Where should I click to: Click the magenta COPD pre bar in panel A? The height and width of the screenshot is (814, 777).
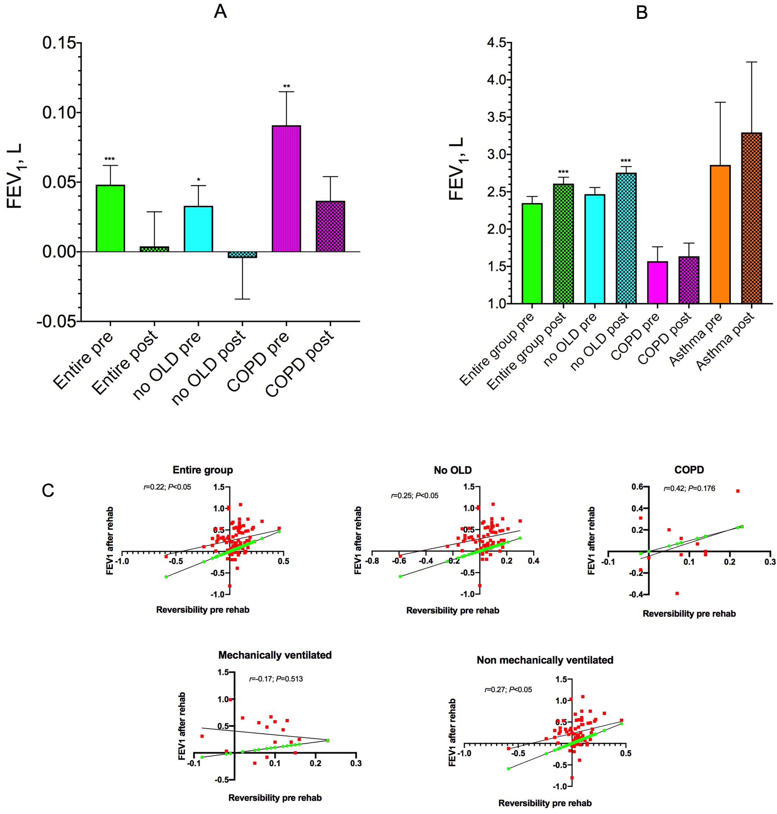pyautogui.click(x=286, y=189)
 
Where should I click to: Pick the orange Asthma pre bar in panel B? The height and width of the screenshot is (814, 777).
pyautogui.click(x=720, y=234)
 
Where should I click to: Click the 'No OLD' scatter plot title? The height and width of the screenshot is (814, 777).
pyautogui.click(x=453, y=470)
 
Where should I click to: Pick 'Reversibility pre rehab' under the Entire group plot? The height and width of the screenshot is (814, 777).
pyautogui.click(x=203, y=610)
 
